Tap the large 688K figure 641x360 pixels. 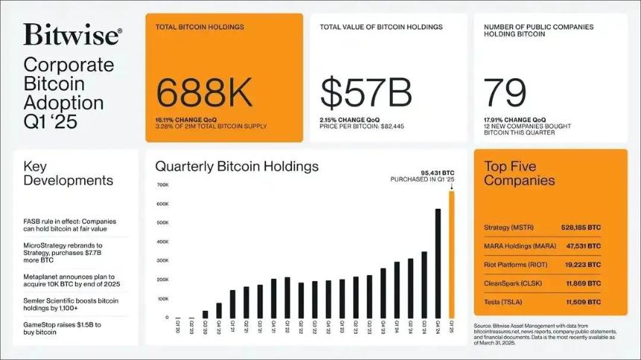(203, 93)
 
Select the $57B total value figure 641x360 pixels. (366, 93)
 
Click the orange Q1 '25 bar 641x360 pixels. (451, 253)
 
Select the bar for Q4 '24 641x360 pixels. (438, 262)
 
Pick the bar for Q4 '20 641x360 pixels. (219, 309)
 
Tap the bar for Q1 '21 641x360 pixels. (233, 303)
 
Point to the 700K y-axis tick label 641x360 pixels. (162, 185)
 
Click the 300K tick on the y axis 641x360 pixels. (162, 261)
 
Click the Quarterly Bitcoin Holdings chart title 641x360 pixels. (236, 166)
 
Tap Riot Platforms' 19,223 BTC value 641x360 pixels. (587, 265)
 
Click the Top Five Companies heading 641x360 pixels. (520, 173)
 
